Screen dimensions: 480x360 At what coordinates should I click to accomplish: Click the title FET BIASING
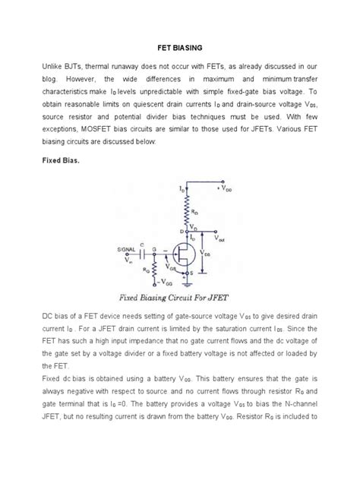[180, 45]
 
